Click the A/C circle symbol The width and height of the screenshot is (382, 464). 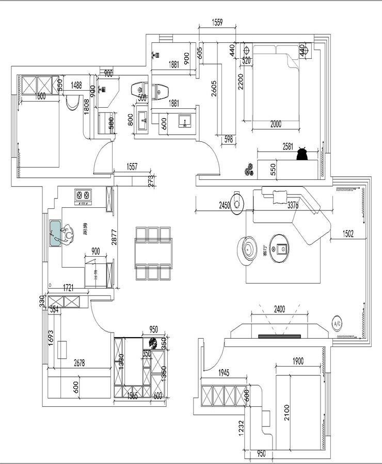(337, 324)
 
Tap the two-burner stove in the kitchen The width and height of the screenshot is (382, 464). (83, 195)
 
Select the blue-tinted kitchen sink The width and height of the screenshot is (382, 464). (55, 234)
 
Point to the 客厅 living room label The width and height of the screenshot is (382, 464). (265, 256)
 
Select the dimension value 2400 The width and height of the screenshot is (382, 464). (279, 310)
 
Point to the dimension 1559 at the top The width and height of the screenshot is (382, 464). (217, 22)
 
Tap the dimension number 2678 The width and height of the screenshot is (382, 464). (79, 363)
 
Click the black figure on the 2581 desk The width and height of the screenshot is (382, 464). (302, 154)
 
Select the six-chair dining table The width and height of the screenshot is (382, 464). (153, 253)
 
